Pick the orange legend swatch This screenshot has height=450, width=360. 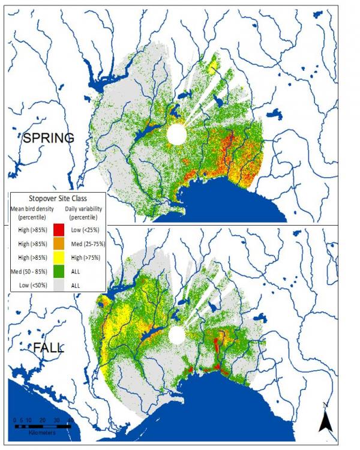59,245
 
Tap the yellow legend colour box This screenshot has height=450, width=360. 59,260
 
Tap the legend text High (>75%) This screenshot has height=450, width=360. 83,260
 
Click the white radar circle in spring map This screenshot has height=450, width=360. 177,134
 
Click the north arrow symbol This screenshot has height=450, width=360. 326,421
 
